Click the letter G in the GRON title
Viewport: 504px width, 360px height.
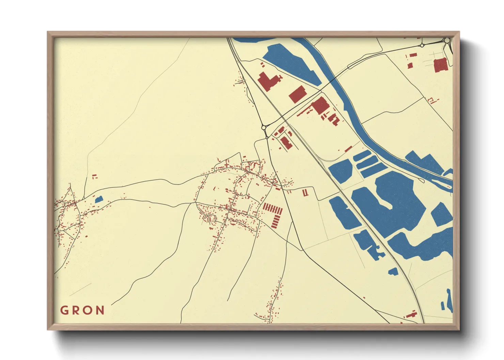(64, 310)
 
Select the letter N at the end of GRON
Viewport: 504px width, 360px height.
(100, 310)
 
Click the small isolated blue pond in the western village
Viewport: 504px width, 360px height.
(98, 199)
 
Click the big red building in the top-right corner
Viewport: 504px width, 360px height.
(440, 65)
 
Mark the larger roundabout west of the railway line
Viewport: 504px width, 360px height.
(264, 128)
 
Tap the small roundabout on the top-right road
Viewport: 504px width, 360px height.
(422, 45)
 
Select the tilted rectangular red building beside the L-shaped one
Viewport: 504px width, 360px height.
(298, 94)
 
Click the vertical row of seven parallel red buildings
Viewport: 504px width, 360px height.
(273, 208)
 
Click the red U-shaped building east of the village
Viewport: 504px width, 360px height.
(305, 193)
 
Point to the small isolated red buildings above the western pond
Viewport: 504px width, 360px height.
(95, 176)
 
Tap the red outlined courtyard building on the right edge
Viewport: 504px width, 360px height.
(431, 100)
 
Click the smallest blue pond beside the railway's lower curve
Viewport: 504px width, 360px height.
(393, 271)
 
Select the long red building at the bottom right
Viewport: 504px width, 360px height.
(411, 314)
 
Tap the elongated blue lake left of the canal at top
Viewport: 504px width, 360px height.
(292, 64)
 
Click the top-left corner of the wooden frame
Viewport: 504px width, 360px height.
(48, 32)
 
